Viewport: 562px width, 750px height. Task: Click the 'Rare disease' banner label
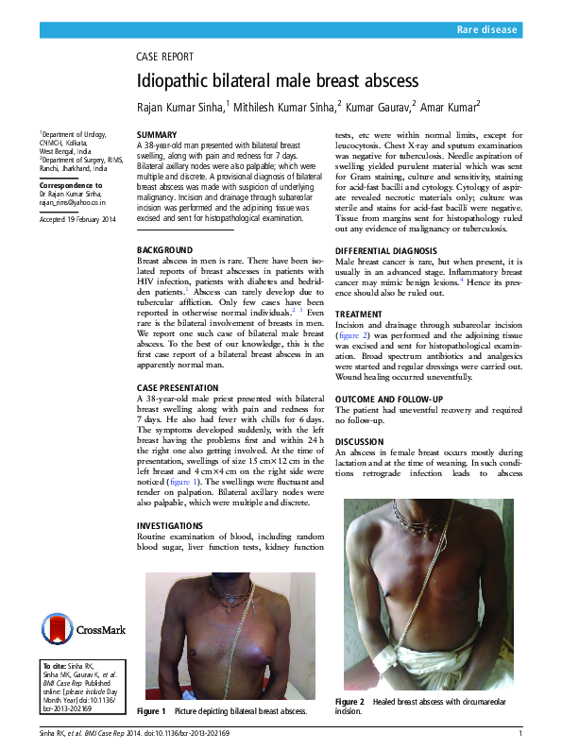[487, 31]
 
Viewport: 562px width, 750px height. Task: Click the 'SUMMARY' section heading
[157, 136]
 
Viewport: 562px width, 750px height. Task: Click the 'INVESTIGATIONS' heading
[169, 525]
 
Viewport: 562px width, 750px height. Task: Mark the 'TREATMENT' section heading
[360, 314]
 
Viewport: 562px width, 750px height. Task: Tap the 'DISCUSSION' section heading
[360, 442]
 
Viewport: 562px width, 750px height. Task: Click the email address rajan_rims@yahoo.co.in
[72, 202]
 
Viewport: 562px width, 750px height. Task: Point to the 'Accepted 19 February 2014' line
[77, 219]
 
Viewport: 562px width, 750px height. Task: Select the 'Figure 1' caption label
[151, 710]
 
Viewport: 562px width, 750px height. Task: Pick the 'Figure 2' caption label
[349, 702]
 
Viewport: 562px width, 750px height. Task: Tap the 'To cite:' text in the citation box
[56, 667]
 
